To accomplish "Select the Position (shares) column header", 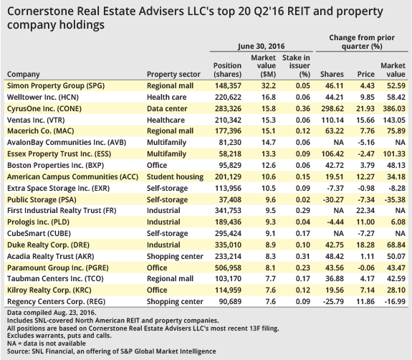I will coord(226,70).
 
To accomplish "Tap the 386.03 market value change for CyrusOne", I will coord(393,108).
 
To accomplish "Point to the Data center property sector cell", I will coord(168,108).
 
